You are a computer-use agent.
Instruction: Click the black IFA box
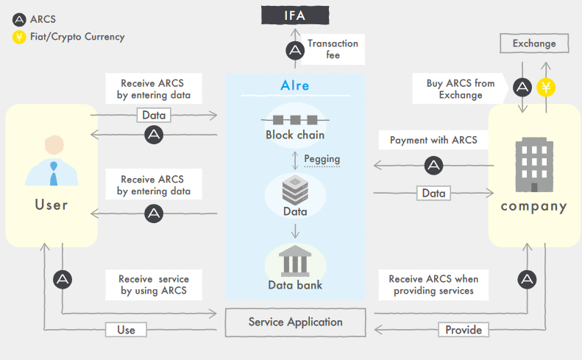295,14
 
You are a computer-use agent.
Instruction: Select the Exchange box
534,43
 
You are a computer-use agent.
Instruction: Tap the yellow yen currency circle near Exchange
546,88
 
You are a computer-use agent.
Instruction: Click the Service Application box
295,322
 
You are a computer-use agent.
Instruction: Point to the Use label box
126,330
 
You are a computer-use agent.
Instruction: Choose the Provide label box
464,330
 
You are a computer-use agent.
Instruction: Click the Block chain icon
294,119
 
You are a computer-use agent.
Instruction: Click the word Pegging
322,158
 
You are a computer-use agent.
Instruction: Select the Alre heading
295,85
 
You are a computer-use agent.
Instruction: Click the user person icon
51,161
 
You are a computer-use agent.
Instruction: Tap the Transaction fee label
333,49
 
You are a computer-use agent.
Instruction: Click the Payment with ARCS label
433,140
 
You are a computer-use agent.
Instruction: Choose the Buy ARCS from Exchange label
461,89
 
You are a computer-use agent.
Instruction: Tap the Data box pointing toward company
433,194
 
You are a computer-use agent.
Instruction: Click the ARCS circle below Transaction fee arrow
295,50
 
